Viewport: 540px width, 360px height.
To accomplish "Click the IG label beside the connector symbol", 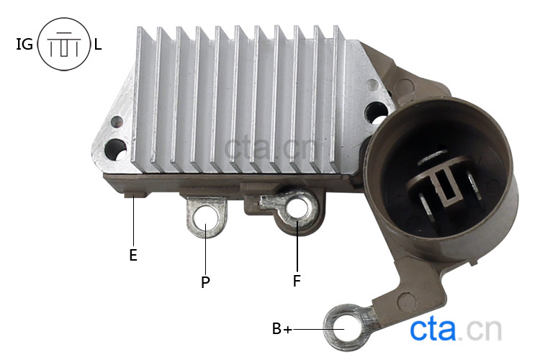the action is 24,44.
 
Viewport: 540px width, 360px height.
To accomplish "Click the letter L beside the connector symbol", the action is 98,44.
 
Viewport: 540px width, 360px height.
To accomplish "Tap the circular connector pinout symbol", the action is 63,44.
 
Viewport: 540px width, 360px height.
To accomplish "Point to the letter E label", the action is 133,256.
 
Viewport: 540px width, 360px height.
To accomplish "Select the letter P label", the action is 205,282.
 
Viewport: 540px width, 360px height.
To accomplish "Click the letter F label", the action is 297,281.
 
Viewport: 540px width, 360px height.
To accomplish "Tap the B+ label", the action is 282,328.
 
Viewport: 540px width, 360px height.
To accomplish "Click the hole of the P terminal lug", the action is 206,219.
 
